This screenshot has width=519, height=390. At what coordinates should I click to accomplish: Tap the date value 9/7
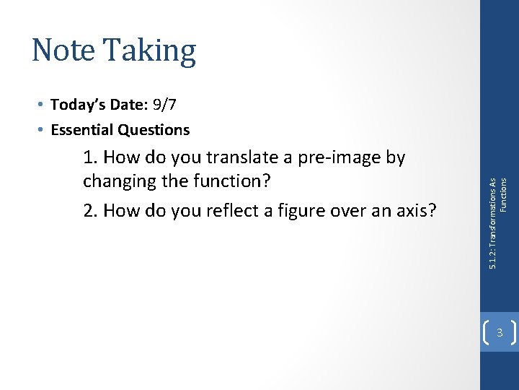[164, 105]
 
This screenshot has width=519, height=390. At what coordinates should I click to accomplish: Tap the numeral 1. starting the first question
[89, 157]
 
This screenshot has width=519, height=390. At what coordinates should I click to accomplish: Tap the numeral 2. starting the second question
[91, 210]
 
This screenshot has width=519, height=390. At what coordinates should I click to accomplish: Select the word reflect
[229, 210]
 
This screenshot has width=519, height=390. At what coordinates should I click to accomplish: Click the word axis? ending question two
[416, 210]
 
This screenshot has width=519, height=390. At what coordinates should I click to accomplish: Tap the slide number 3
[499, 332]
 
